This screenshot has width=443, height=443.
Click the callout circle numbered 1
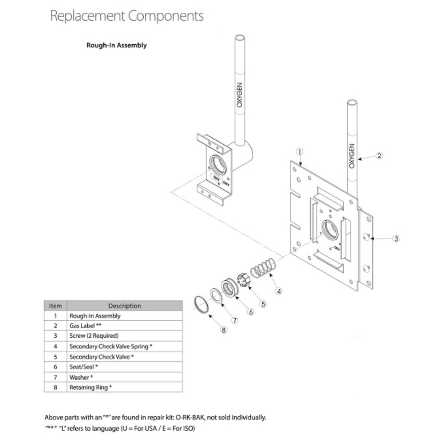click(x=300, y=152)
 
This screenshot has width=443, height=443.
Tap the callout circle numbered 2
click(x=379, y=155)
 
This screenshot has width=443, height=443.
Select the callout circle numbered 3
click(x=396, y=239)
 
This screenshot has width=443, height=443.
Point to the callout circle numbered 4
click(x=278, y=291)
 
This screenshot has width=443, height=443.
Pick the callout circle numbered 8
click(x=224, y=330)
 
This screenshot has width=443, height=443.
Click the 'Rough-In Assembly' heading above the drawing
click(x=116, y=45)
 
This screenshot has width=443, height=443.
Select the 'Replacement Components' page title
click(x=127, y=16)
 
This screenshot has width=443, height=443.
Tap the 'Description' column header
click(x=124, y=306)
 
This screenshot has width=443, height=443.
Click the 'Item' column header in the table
click(x=55, y=306)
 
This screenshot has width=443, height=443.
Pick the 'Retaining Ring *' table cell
click(x=90, y=387)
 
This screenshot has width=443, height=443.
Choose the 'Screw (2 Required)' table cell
click(x=94, y=335)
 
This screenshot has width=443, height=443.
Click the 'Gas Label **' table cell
click(x=85, y=326)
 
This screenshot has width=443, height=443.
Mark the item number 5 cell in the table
click(x=55, y=357)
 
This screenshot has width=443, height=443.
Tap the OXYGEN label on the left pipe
click(x=240, y=95)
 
